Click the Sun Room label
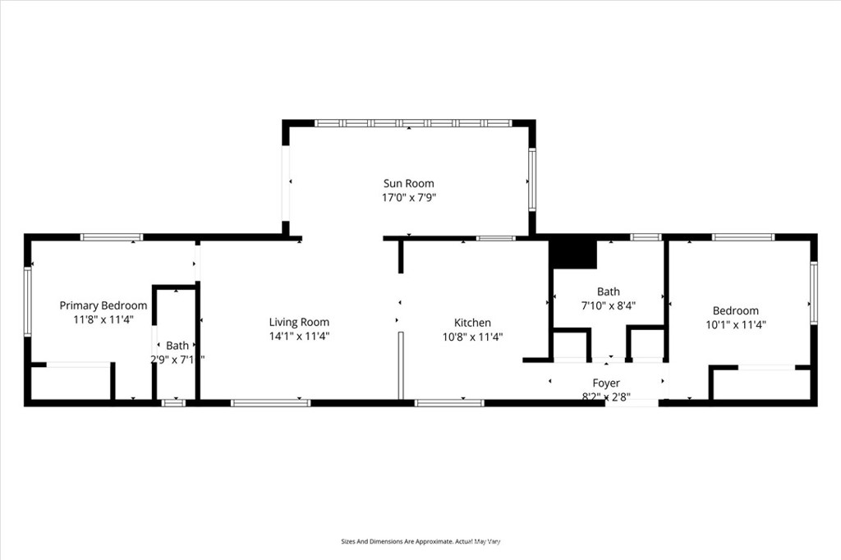(408, 183)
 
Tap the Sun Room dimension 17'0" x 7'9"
(408, 197)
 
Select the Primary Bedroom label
(103, 305)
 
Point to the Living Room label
(299, 322)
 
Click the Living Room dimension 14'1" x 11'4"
(299, 336)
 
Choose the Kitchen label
(472, 323)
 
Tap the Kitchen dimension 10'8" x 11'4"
(472, 336)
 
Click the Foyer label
(606, 383)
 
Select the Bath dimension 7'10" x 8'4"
(608, 305)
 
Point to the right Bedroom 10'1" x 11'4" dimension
(736, 324)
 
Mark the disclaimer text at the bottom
(420, 541)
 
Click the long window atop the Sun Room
(413, 123)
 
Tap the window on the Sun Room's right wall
(531, 180)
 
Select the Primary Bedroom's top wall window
(111, 237)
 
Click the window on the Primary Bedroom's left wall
(28, 301)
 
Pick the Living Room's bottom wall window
(270, 402)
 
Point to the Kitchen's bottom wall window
(449, 402)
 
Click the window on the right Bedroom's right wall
(813, 291)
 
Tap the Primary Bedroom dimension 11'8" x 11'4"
(103, 319)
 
